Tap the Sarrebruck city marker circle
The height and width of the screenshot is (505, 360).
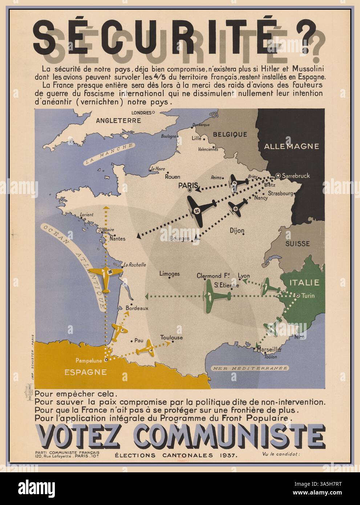point(278,175)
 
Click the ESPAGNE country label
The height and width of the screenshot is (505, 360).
point(86,372)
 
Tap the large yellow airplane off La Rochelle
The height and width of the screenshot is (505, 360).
point(105,279)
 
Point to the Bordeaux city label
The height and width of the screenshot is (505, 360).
point(137,308)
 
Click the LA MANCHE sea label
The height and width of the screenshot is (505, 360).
point(109,154)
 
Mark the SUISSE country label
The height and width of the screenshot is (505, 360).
point(297,243)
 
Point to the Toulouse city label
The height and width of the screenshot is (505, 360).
point(171,338)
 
